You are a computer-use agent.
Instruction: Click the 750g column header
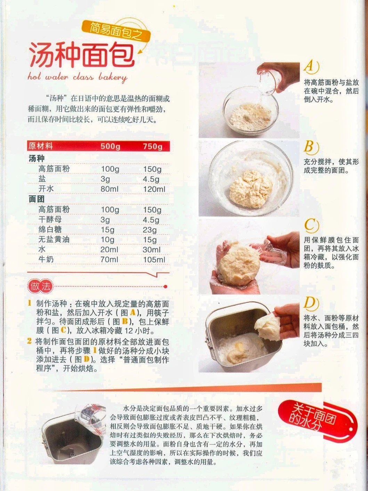point(153,146)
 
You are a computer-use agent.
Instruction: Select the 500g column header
point(110,146)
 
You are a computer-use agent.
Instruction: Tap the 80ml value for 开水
point(109,189)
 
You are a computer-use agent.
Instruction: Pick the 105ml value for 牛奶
point(154,260)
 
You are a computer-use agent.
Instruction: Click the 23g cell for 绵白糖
point(150,230)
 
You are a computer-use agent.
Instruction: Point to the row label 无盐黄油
point(54,239)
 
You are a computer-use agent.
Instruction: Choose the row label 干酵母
point(50,219)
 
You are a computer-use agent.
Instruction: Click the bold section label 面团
point(36,199)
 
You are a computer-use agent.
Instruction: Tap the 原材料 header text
point(41,146)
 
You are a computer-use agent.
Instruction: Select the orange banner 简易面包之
point(116,31)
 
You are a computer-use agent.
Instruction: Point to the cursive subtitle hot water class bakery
point(77,77)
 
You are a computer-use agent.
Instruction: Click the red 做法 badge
point(41,287)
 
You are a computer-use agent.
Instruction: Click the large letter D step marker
point(311,304)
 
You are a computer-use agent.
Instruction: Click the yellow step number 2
point(30,341)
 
